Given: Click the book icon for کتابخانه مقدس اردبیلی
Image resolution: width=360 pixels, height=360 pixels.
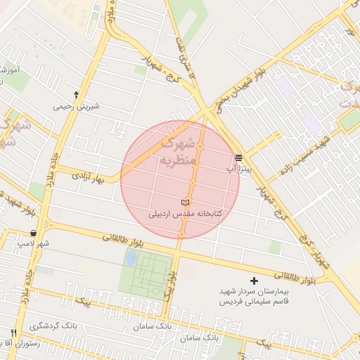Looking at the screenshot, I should point(186,202).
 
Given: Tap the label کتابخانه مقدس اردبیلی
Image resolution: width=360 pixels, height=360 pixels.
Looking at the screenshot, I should point(186,212).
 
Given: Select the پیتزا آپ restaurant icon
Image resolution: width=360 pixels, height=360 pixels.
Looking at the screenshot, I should point(239,157).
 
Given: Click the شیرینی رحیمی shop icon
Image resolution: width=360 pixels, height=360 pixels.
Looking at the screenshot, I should point(76,94).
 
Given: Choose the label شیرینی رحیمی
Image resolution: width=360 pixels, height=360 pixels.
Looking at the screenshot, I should point(76,106).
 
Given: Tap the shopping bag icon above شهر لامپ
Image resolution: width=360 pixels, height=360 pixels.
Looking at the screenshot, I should point(34,233).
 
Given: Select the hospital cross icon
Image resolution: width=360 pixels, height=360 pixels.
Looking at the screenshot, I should point(255,281).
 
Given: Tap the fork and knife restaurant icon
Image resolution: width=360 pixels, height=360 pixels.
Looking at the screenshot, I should point(13,333).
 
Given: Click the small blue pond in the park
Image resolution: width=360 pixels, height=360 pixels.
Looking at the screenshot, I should point(131,257).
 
